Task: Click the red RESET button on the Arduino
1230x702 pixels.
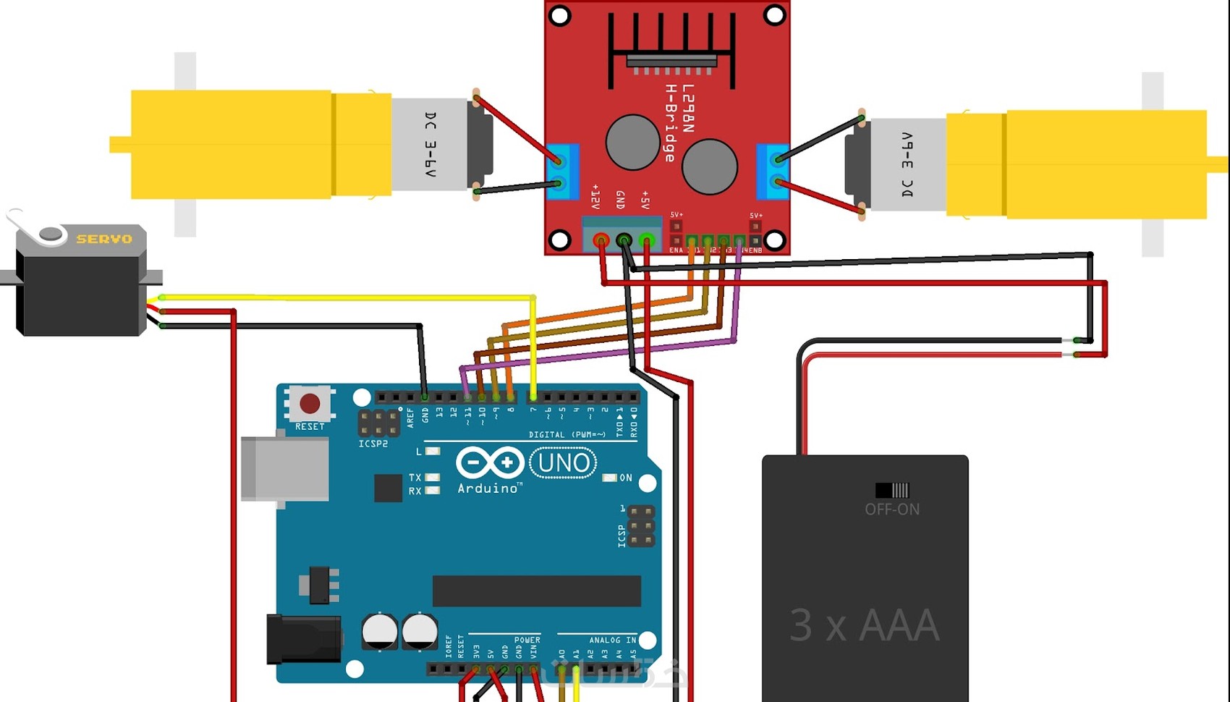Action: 310,404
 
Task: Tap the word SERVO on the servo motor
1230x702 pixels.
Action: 104,239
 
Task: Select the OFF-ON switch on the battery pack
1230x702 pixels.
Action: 892,491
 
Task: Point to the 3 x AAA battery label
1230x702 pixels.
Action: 864,625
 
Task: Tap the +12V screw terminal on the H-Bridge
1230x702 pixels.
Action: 601,240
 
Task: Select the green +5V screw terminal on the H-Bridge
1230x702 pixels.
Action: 647,240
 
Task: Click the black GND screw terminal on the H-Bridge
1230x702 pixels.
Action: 624,240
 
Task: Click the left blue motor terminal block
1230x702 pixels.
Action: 561,172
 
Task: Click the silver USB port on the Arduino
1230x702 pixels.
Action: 284,468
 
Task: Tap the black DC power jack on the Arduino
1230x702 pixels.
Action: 303,639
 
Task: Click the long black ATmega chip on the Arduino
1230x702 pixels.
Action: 536,591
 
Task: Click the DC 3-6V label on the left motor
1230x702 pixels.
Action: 430,145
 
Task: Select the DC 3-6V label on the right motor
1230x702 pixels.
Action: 907,165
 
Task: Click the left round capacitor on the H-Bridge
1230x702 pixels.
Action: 632,143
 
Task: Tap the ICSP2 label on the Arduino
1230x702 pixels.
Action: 373,444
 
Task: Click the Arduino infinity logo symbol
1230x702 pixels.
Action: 490,462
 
